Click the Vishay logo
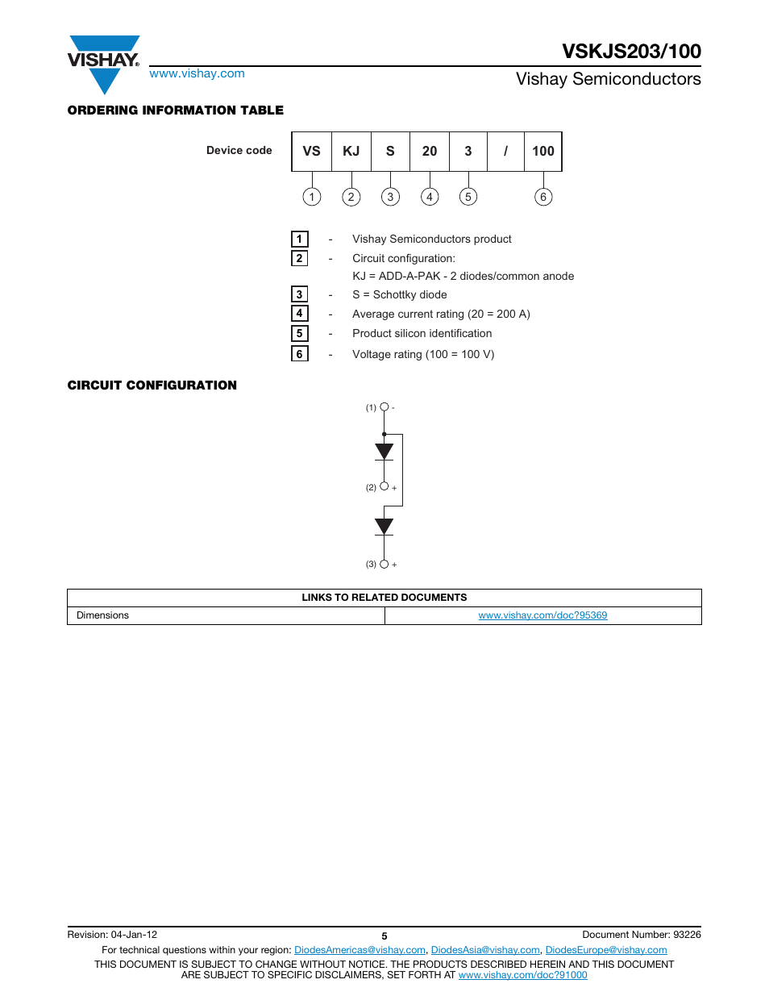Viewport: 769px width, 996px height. [x=103, y=63]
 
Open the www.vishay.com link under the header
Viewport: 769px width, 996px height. [x=197, y=73]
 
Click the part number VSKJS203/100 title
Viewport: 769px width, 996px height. [x=631, y=52]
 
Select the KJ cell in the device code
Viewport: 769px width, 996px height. [x=351, y=152]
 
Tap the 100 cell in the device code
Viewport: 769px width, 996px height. [x=542, y=152]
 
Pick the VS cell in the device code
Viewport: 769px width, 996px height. [x=311, y=152]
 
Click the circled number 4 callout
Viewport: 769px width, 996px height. [x=430, y=197]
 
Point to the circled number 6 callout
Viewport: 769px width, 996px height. [x=543, y=197]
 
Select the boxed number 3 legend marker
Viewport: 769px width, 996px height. [x=299, y=294]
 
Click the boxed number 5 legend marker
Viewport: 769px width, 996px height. [x=299, y=333]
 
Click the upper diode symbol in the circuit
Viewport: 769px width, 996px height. [x=384, y=452]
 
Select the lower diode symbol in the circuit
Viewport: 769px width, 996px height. [x=384, y=527]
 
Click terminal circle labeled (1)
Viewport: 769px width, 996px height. [x=384, y=407]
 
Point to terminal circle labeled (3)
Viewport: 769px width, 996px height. [x=384, y=564]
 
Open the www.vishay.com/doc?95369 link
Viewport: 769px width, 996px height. [x=542, y=615]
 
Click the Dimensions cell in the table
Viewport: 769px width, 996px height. [x=102, y=615]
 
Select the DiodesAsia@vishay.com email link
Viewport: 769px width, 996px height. [x=485, y=950]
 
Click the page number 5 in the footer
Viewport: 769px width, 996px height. [x=384, y=936]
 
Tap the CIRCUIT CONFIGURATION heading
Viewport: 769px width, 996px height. [x=152, y=385]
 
